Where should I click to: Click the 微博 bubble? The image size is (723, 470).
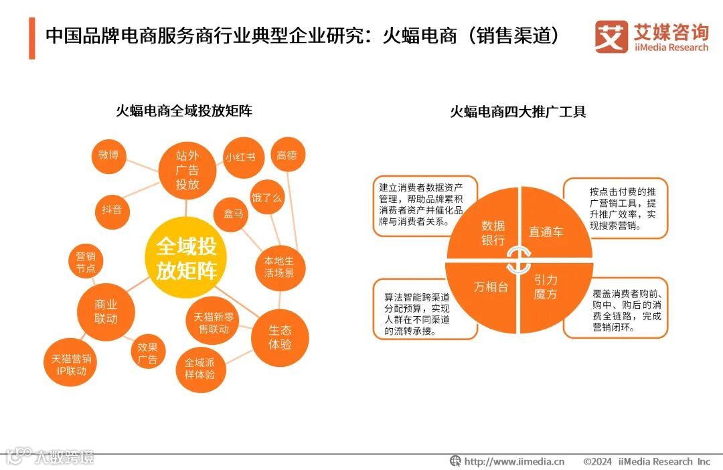pyautogui.click(x=108, y=155)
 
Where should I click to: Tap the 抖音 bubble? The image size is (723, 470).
pyautogui.click(x=112, y=210)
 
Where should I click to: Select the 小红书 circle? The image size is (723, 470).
pyautogui.click(x=240, y=157)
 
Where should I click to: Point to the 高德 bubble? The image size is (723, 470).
pyautogui.click(x=287, y=155)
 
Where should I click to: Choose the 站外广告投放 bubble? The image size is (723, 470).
pyautogui.click(x=187, y=170)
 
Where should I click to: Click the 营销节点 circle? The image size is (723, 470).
pyautogui.click(x=85, y=262)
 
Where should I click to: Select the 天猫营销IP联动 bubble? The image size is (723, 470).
pyautogui.click(x=71, y=364)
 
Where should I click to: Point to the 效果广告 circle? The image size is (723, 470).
pyautogui.click(x=147, y=353)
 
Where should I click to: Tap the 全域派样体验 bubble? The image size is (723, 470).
pyautogui.click(x=199, y=368)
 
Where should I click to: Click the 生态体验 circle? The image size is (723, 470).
pyautogui.click(x=280, y=337)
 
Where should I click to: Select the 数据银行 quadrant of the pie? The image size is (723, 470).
pyautogui.click(x=487, y=228)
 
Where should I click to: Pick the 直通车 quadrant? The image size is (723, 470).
pyautogui.click(x=550, y=228)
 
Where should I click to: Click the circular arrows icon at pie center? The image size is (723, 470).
pyautogui.click(x=519, y=260)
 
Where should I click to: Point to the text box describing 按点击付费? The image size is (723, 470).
pyautogui.click(x=615, y=208)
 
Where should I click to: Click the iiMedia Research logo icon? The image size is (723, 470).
pyautogui.click(x=611, y=36)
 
